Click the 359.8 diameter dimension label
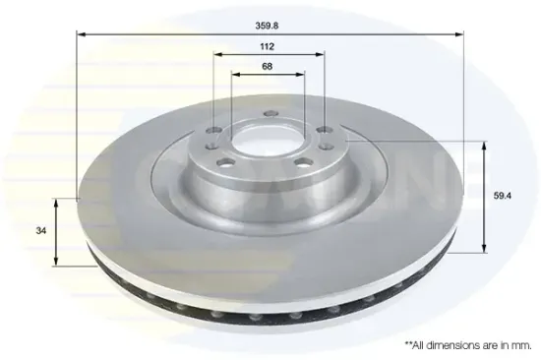[267, 26]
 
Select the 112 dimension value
[267, 46]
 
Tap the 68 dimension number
[267, 66]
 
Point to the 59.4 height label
[503, 196]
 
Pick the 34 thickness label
[40, 230]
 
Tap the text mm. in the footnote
[523, 345]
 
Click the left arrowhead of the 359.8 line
[81, 34]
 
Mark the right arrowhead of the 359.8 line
[459, 34]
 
